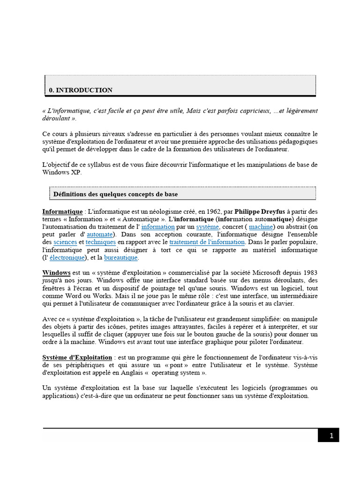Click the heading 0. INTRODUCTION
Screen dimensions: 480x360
click(x=81, y=90)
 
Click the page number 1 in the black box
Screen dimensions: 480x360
click(x=331, y=435)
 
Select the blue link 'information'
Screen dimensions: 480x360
click(x=158, y=227)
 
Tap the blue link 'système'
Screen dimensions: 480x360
click(x=207, y=227)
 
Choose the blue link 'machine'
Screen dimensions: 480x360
click(x=261, y=227)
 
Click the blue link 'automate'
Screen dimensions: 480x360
click(x=99, y=234)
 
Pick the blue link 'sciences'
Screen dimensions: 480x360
click(x=65, y=242)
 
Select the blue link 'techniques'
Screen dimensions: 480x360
click(x=100, y=242)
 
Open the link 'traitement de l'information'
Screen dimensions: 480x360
click(x=207, y=242)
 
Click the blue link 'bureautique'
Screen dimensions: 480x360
click(x=121, y=257)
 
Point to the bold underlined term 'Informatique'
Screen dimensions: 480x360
click(x=62, y=211)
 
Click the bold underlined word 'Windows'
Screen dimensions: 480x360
click(x=56, y=272)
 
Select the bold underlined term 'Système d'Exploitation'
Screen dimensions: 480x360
click(x=77, y=357)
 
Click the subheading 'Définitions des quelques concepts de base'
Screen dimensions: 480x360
click(x=115, y=194)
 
